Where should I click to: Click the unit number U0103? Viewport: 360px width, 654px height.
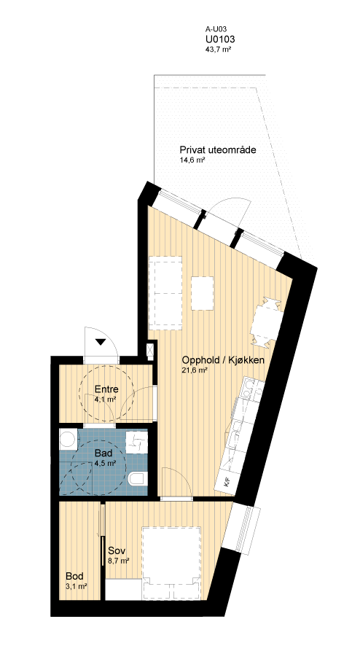pyautogui.click(x=220, y=39)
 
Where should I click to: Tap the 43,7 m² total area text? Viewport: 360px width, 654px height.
pyautogui.click(x=218, y=50)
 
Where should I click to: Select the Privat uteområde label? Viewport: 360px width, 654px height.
pyautogui.click(x=217, y=150)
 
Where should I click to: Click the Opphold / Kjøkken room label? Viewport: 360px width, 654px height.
pyautogui.click(x=223, y=360)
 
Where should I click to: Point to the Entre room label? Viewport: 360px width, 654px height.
pyautogui.click(x=106, y=389)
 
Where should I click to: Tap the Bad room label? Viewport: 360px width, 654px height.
pyautogui.click(x=103, y=453)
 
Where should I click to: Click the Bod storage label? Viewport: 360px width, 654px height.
pyautogui.click(x=74, y=576)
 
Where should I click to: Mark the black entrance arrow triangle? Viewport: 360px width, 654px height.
pyautogui.click(x=101, y=342)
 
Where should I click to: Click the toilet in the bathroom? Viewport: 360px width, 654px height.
pyautogui.click(x=138, y=479)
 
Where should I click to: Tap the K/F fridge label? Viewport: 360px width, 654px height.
pyautogui.click(x=227, y=483)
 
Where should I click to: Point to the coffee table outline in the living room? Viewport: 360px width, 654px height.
pyautogui.click(x=203, y=293)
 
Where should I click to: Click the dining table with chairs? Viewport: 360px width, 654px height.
pyautogui.click(x=264, y=321)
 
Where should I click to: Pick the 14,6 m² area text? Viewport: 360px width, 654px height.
pyautogui.click(x=192, y=160)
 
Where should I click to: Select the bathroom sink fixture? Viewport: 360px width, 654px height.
pyautogui.click(x=137, y=442)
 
